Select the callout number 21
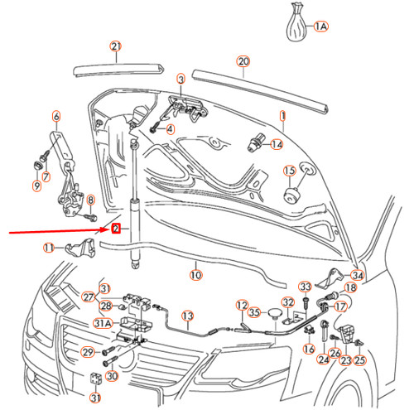116,46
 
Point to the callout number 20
243,61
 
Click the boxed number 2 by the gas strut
116,228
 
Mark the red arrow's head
106,231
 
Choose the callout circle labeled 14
276,144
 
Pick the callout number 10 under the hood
195,274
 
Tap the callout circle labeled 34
357,276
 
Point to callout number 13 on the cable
187,316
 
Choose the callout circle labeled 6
56,116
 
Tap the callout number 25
359,360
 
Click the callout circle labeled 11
49,248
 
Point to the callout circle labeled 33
305,287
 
